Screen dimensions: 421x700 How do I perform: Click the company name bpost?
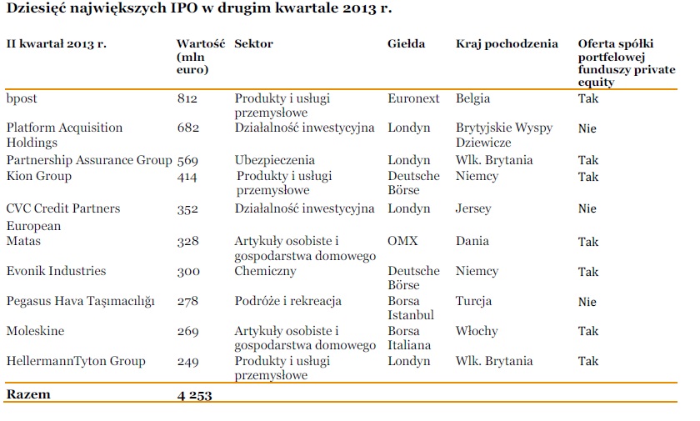click(22, 99)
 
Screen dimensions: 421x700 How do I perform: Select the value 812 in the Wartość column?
click(187, 99)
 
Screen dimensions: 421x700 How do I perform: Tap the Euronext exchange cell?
click(413, 98)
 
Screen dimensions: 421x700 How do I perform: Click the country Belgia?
click(472, 98)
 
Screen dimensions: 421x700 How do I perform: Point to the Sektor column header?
click(253, 43)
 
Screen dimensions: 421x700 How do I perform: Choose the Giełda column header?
click(406, 43)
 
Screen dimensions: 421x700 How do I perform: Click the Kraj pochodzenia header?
click(507, 43)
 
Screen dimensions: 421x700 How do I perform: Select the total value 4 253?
click(194, 395)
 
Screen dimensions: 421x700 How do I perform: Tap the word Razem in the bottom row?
click(28, 394)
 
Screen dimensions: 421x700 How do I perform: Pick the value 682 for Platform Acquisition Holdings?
click(187, 128)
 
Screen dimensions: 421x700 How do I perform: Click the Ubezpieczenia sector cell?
click(274, 160)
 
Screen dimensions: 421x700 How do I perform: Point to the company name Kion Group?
click(39, 176)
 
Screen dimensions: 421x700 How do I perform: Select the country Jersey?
click(473, 208)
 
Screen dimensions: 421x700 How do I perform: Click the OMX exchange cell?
click(402, 241)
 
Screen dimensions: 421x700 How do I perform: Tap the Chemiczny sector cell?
click(265, 271)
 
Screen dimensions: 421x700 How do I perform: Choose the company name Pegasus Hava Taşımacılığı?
click(81, 301)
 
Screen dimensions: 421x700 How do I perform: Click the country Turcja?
click(473, 301)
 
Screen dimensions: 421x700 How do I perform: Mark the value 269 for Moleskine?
click(187, 332)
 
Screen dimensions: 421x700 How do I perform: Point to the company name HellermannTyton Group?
click(76, 361)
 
